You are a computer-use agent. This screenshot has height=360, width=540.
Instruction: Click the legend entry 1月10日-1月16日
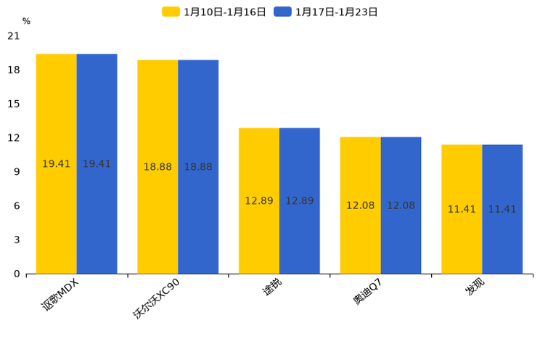coord(214,12)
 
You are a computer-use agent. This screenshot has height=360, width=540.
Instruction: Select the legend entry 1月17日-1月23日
coord(326,12)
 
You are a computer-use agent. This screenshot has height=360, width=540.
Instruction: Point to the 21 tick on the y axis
coord(14,36)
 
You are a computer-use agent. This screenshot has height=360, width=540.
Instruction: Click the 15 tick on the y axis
coord(14,104)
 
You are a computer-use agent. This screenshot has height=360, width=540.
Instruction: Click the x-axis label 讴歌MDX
coord(60,295)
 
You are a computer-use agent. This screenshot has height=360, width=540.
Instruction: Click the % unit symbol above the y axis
coord(26,22)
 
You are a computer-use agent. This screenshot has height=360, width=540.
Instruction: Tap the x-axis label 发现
coord(475,287)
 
